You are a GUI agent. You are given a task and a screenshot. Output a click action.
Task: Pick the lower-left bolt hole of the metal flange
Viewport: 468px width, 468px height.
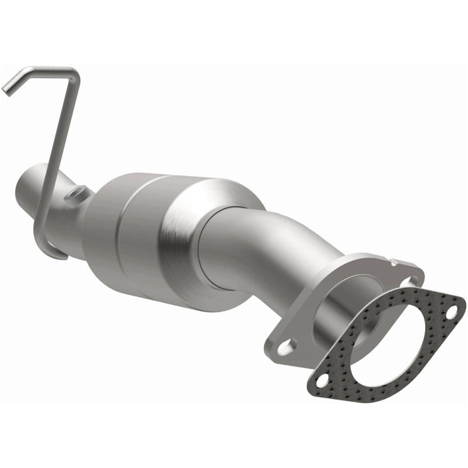[x=284, y=346]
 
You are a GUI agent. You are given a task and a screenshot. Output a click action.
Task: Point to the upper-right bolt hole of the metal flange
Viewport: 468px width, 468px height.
[x=409, y=280]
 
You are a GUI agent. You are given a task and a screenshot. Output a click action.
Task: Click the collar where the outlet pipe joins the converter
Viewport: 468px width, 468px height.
[x=214, y=253]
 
